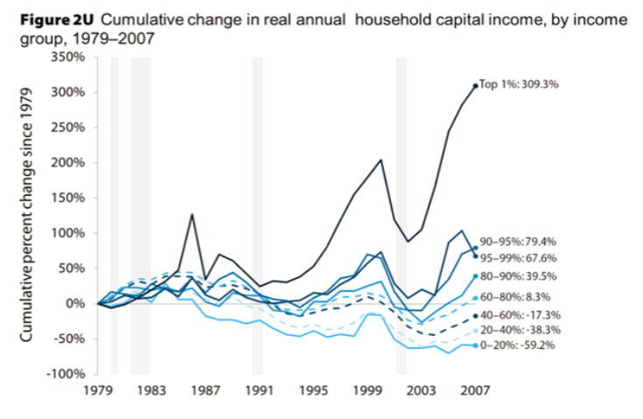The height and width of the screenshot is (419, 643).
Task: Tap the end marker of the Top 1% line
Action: (475, 86)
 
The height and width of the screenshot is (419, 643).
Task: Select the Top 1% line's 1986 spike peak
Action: (191, 214)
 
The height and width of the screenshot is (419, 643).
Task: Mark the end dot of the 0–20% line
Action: (475, 346)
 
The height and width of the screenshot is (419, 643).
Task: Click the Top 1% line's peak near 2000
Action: (381, 160)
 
